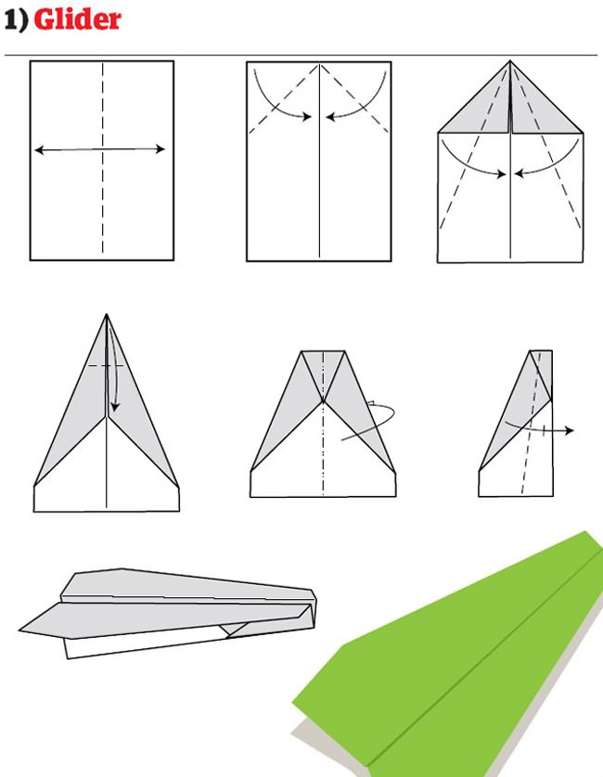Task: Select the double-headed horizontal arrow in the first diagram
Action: pyautogui.click(x=99, y=149)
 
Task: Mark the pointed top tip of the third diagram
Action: pyautogui.click(x=509, y=62)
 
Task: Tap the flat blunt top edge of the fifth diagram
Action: pyautogui.click(x=323, y=351)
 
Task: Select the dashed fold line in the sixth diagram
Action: pyautogui.click(x=528, y=445)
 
